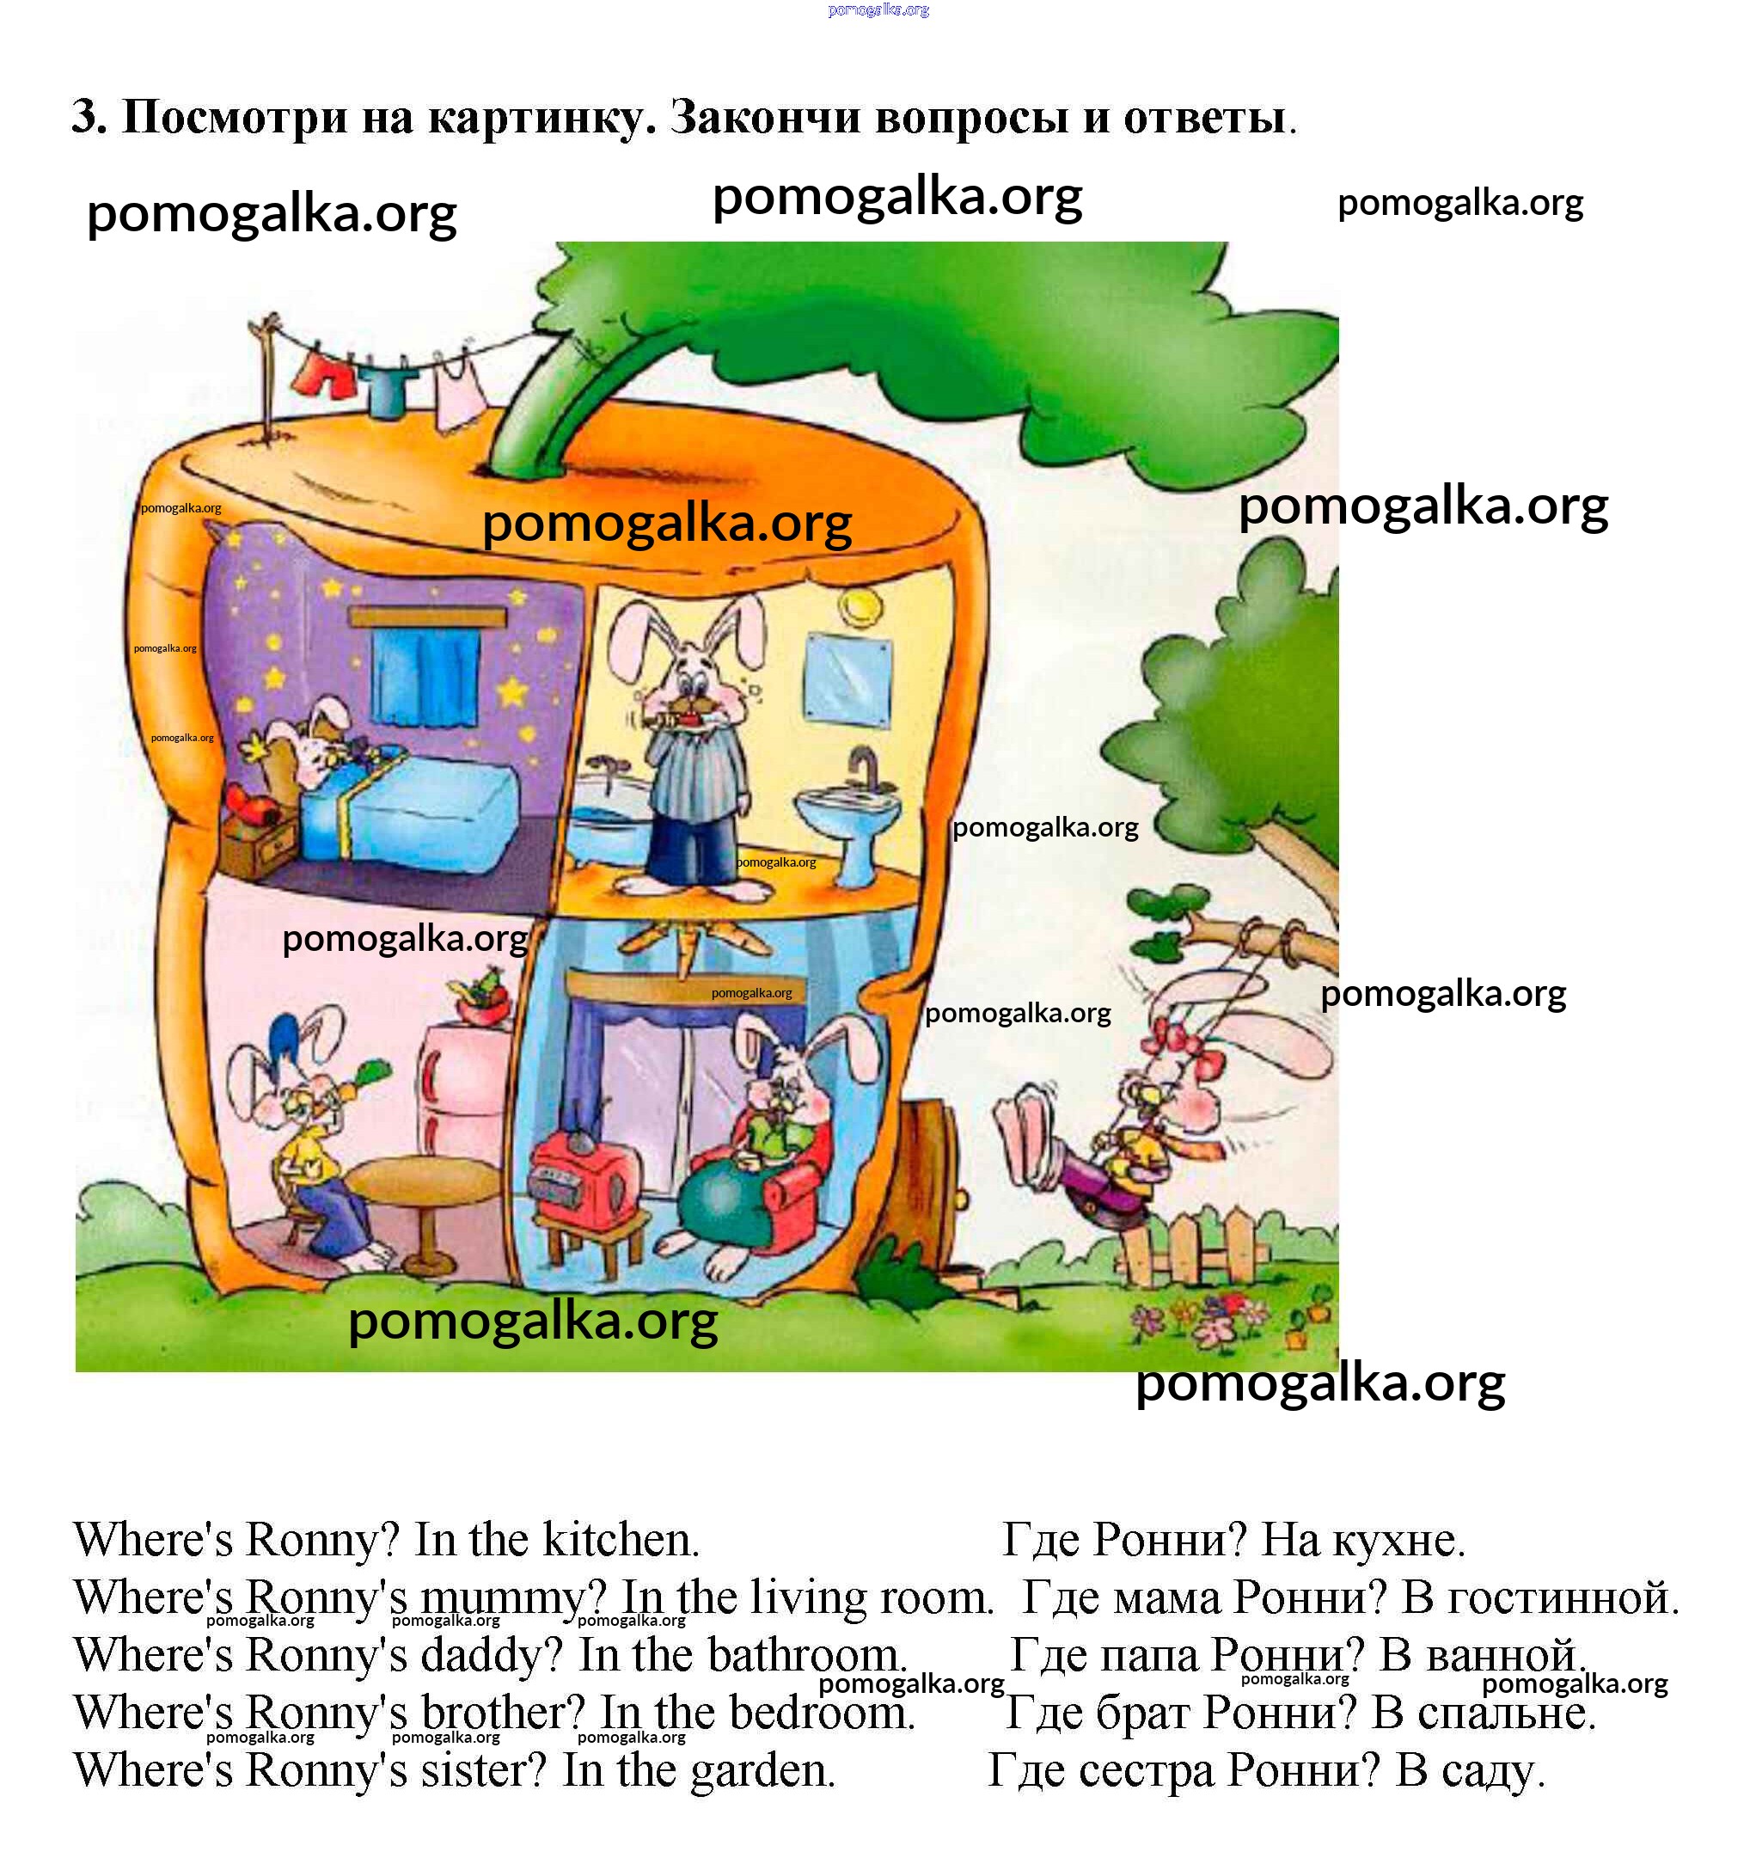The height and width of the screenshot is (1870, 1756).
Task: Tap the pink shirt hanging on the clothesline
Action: click(x=458, y=391)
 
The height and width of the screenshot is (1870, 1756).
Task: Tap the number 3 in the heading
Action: click(x=89, y=117)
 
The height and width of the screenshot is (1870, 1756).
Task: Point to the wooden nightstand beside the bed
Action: click(x=259, y=843)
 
